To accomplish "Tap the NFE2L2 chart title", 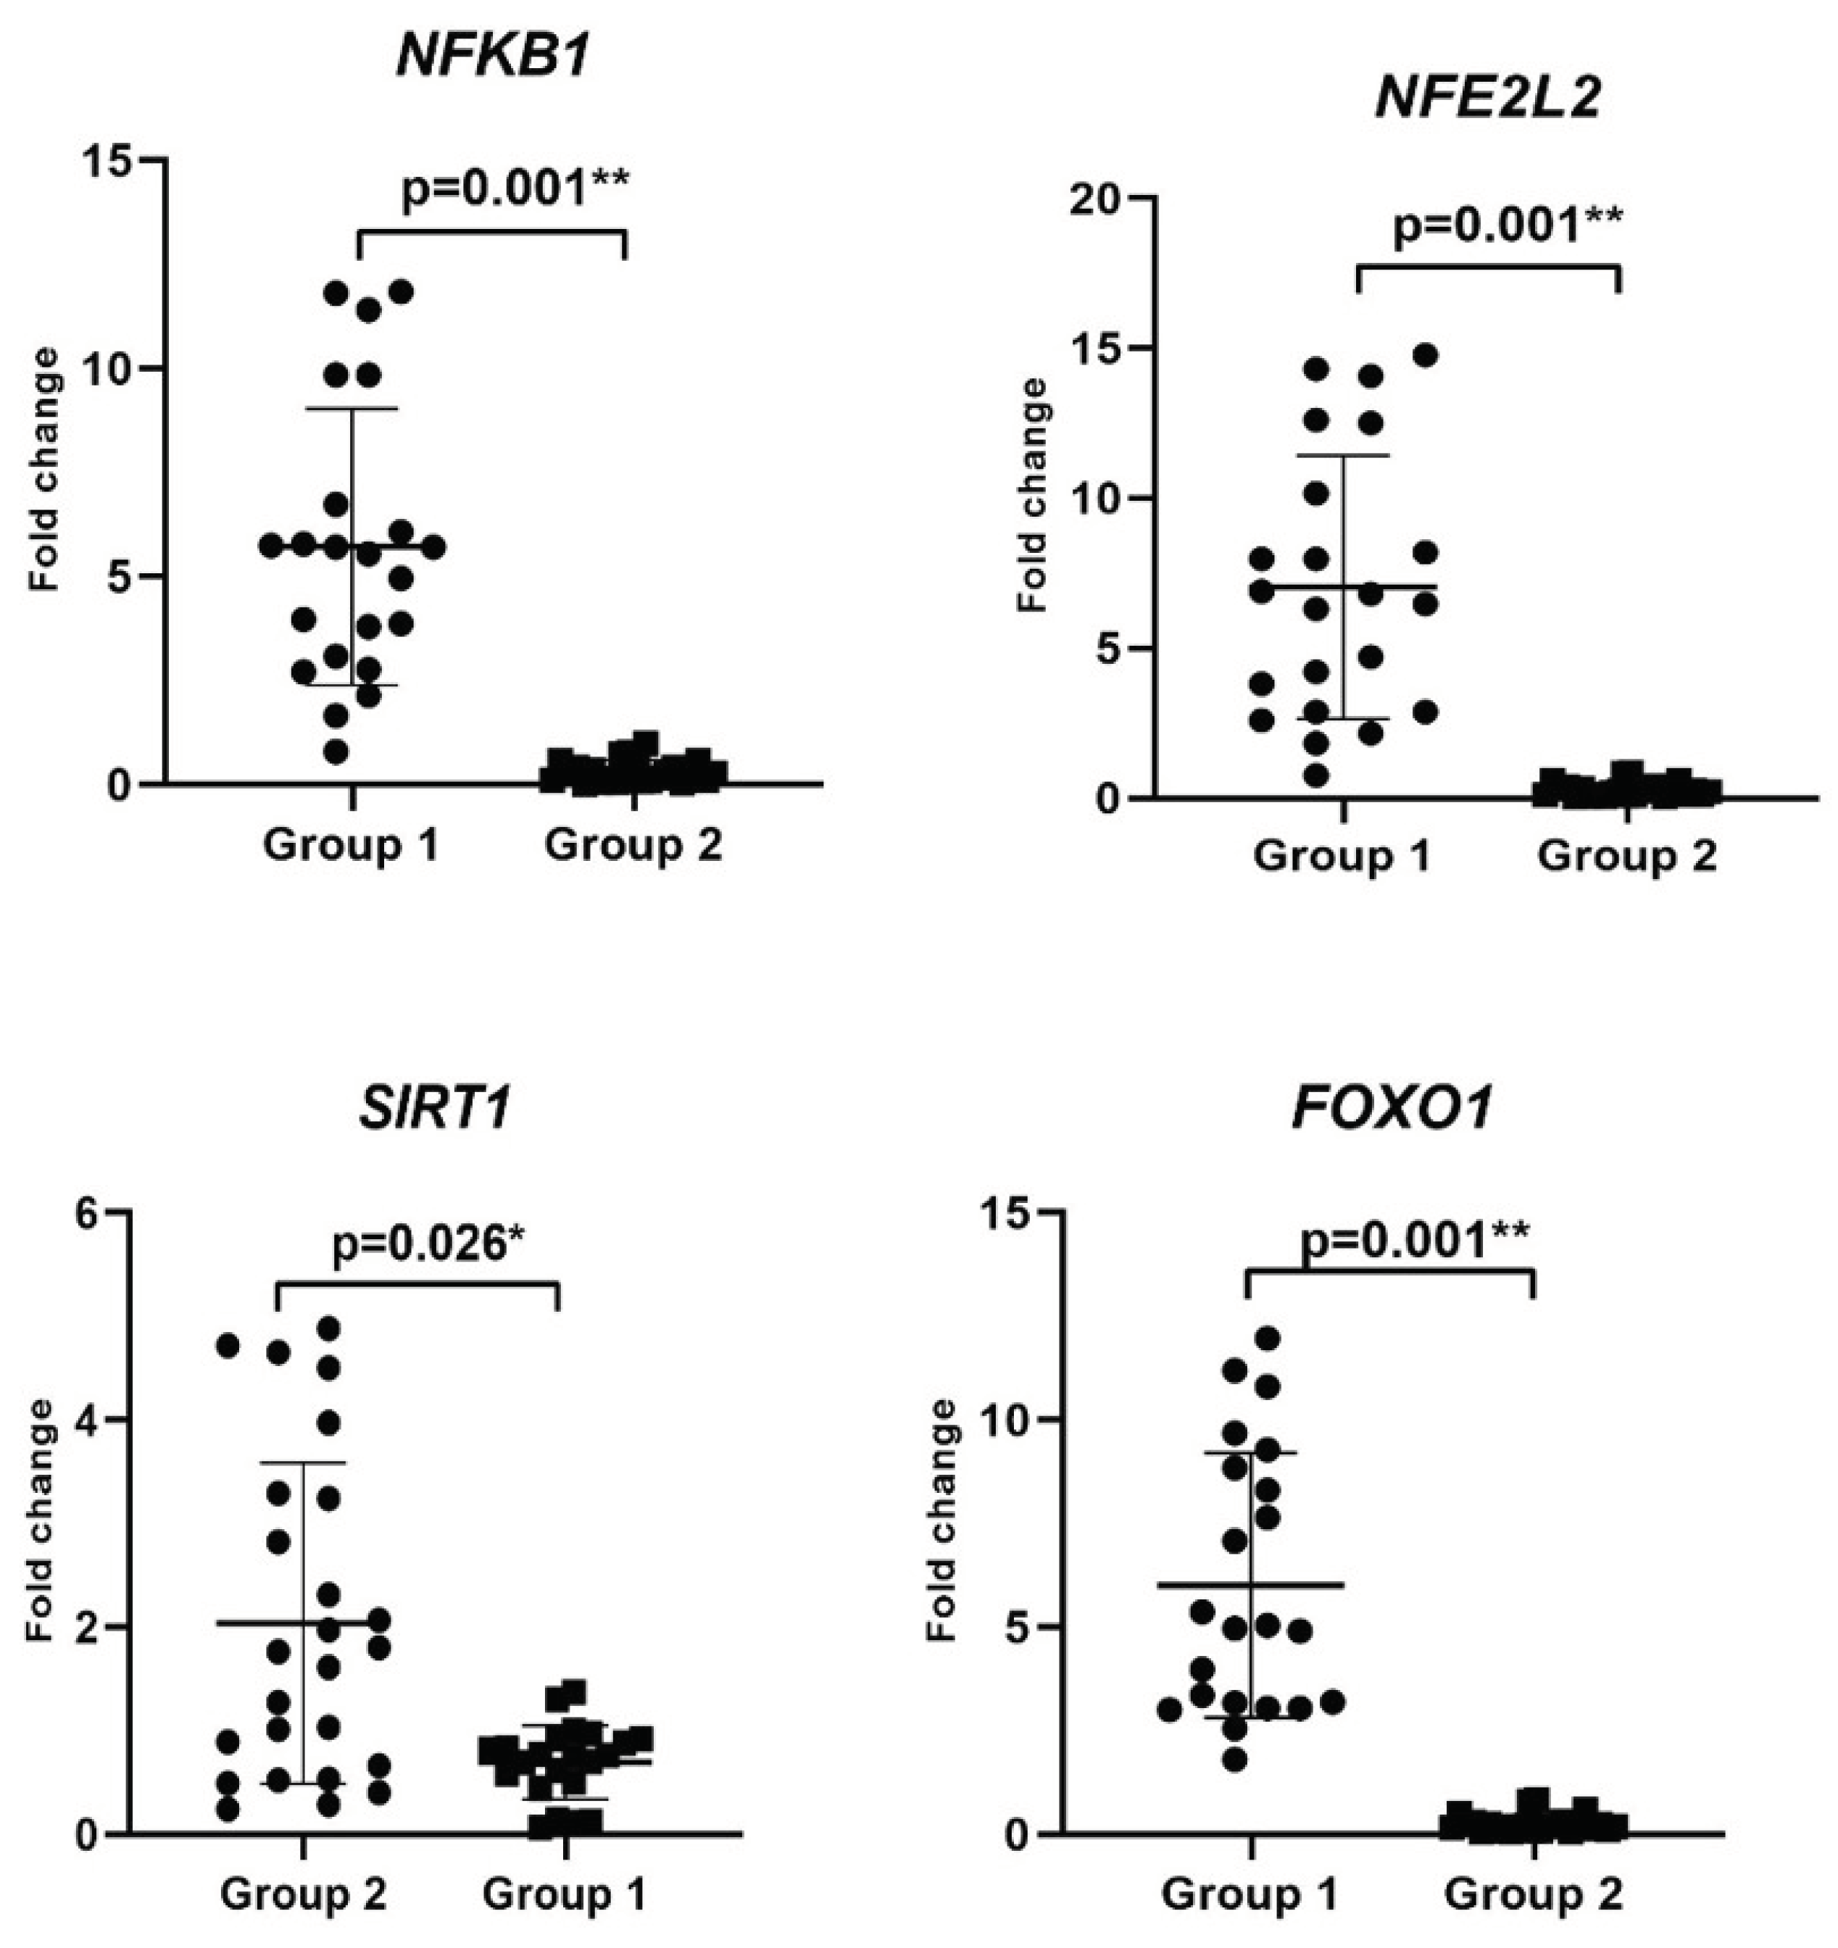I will tap(1487, 98).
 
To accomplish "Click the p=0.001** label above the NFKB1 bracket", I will tap(515, 189).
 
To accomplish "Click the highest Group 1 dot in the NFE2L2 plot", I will tap(1426, 354).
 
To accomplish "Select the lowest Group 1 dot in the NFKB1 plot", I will tap(336, 752).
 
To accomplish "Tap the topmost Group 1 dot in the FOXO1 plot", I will tap(1268, 1338).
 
